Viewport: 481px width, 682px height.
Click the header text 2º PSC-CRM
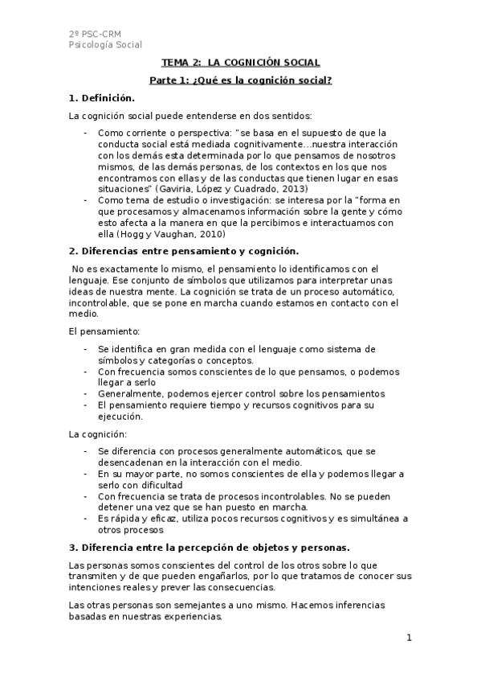[x=89, y=33]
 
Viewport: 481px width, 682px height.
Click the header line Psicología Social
[x=105, y=45]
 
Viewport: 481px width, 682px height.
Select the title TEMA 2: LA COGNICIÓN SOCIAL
[x=240, y=62]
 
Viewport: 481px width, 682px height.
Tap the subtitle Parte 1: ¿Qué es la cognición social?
[x=240, y=80]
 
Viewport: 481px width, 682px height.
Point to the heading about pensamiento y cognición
[x=183, y=251]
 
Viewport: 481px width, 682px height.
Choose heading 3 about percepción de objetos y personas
[x=210, y=548]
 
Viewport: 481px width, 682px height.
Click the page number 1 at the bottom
[x=409, y=639]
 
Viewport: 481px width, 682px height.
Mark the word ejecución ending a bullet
[x=120, y=417]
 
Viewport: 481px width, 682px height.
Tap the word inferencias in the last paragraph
[x=335, y=605]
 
